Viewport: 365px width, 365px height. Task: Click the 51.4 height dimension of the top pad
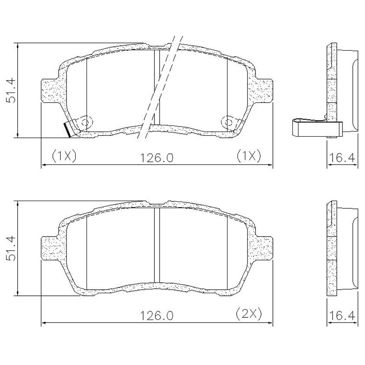pos(11,91)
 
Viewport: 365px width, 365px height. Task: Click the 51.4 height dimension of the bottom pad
pos(11,248)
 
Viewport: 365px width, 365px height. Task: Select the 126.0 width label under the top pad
pos(157,158)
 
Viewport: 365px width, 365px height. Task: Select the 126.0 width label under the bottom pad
pos(157,316)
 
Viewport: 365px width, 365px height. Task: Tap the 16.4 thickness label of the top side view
pos(342,157)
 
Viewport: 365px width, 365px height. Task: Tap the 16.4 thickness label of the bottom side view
pos(342,316)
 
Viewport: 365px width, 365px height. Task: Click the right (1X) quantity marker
pos(249,156)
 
